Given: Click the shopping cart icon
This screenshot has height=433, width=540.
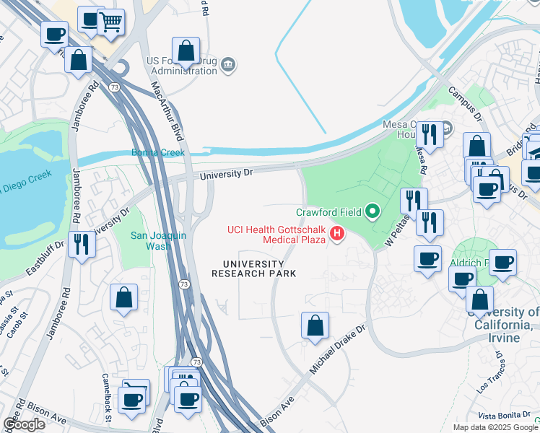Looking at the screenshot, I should [x=110, y=23].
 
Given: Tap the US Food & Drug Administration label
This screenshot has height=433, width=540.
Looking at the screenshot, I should [x=181, y=66].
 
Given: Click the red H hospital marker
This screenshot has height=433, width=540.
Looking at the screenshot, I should [x=336, y=232].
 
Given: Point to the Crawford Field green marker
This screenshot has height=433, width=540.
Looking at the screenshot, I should [x=373, y=211].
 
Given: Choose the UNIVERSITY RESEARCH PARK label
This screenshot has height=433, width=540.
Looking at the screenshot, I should [x=253, y=268].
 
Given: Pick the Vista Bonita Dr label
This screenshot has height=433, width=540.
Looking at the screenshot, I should [x=505, y=416].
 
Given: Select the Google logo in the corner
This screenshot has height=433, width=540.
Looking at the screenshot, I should [x=25, y=424].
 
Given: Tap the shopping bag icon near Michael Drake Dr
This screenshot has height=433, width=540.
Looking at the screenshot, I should [x=315, y=327].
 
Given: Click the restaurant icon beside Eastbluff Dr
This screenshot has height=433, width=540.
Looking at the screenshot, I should [x=81, y=245].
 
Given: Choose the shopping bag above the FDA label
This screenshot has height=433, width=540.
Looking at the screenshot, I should [x=186, y=51].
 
